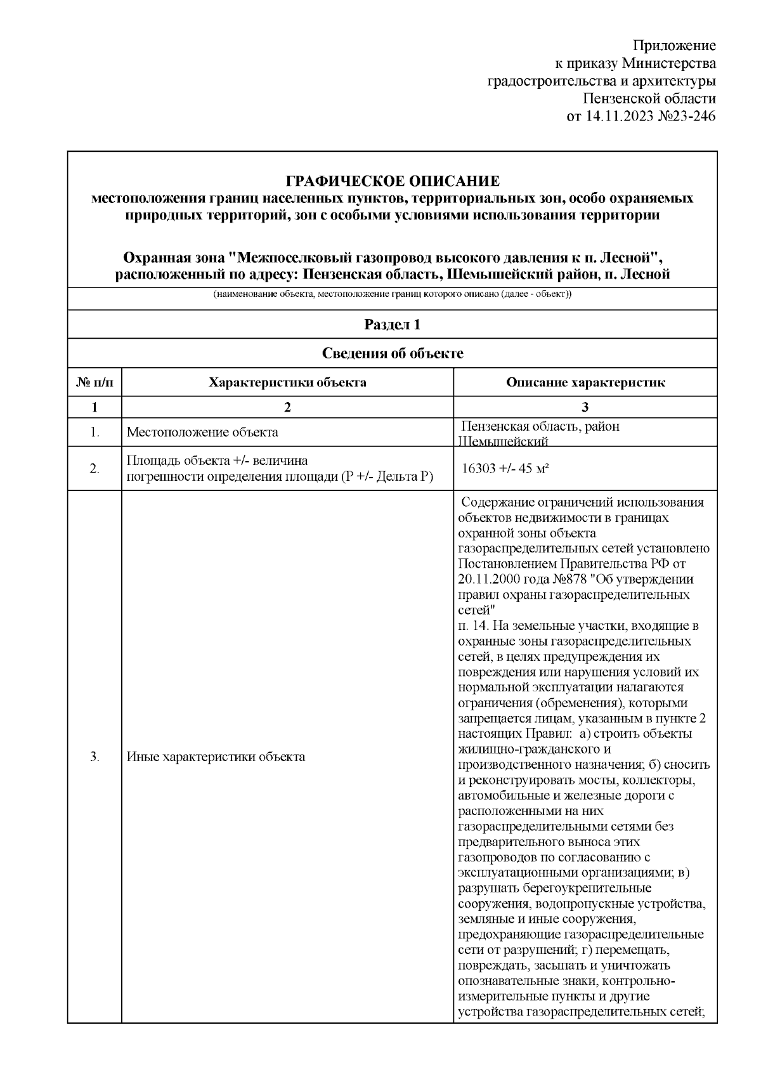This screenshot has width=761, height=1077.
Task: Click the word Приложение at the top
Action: pyautogui.click(x=675, y=46)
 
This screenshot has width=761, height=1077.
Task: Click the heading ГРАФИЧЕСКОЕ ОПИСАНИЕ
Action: pyautogui.click(x=393, y=181)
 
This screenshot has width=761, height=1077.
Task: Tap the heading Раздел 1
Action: pyautogui.click(x=393, y=325)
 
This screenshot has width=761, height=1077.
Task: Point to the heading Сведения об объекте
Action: pyautogui.click(x=393, y=353)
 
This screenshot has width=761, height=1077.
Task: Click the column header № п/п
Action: pyautogui.click(x=94, y=382)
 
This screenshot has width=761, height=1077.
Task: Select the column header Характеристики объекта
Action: pyautogui.click(x=287, y=382)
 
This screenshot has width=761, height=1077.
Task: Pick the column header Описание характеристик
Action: pyautogui.click(x=585, y=382)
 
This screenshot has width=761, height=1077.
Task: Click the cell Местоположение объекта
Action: pyautogui.click(x=202, y=433)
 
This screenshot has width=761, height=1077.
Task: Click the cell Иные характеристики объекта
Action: pyautogui.click(x=216, y=757)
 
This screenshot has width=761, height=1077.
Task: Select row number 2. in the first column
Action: pyautogui.click(x=94, y=469)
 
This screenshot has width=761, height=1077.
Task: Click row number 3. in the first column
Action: pyautogui.click(x=94, y=757)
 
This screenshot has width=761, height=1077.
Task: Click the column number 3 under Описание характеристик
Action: pyautogui.click(x=585, y=407)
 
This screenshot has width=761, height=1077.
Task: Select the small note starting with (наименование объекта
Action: pyautogui.click(x=393, y=295)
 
